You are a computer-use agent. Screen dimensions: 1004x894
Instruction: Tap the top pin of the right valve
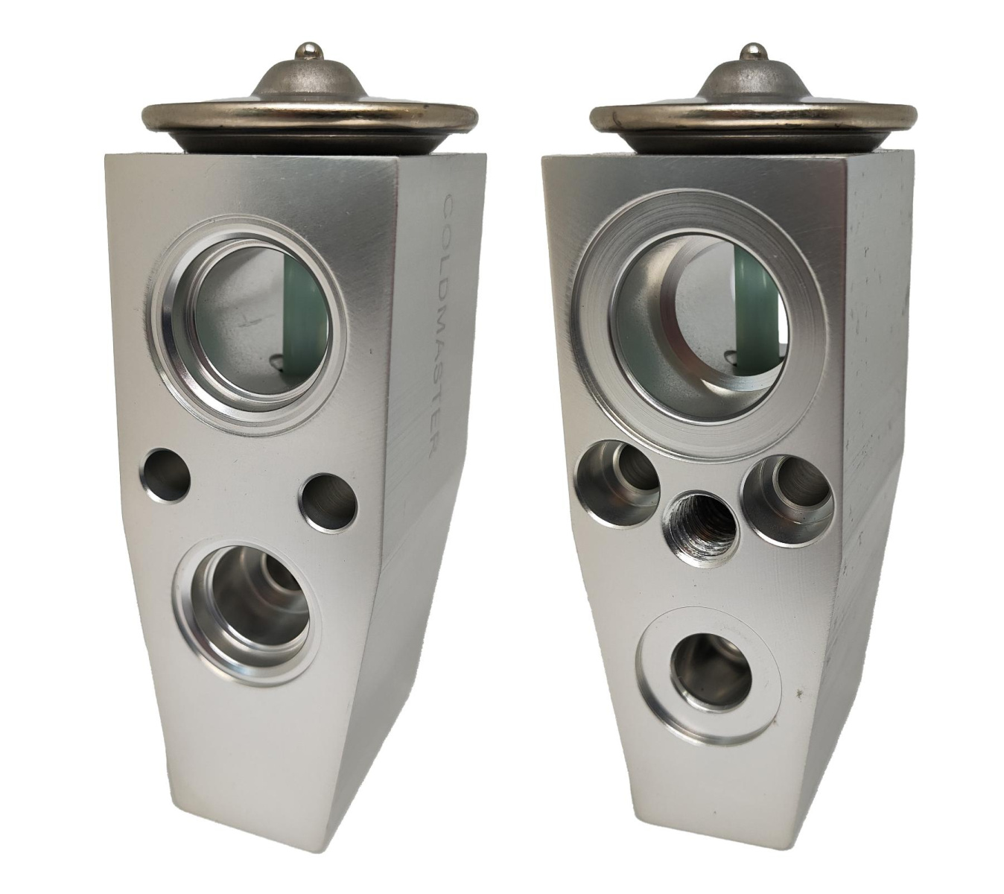point(752,54)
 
